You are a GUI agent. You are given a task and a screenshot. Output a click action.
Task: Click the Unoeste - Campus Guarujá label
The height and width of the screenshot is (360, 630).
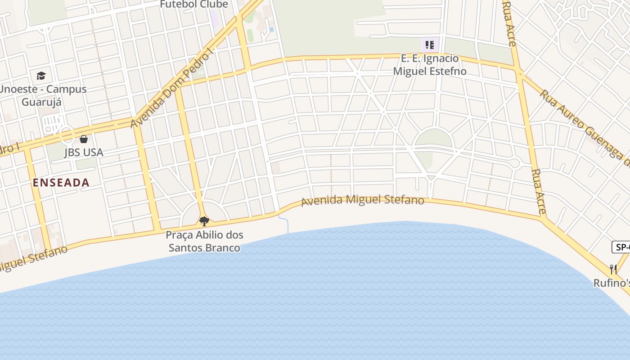[43, 95]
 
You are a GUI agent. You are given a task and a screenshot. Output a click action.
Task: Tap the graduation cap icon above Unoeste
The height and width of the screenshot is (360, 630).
[41, 76]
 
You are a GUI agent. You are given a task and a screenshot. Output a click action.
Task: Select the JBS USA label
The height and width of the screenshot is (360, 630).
[84, 153]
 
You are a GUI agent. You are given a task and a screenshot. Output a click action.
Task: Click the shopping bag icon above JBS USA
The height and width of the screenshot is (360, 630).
[84, 139]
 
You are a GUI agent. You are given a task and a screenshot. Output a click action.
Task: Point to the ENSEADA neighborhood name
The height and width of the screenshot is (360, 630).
[61, 183]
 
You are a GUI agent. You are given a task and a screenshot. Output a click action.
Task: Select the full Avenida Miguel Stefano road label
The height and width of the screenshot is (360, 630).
[362, 201]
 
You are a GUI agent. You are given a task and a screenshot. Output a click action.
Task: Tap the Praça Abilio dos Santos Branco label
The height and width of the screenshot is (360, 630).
[204, 241]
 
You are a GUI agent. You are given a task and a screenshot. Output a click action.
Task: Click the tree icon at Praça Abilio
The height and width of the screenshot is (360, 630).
[204, 221]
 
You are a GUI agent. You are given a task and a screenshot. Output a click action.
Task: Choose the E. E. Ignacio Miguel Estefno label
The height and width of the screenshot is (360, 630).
[430, 65]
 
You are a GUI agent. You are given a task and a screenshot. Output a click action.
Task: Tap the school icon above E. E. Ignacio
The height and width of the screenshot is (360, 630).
[430, 45]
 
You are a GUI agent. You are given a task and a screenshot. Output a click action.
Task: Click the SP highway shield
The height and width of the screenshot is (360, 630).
[621, 247]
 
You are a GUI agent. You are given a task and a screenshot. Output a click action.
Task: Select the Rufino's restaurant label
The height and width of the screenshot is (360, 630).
[612, 283]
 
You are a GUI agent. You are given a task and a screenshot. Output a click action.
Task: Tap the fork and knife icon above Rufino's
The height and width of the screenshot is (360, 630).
[613, 270]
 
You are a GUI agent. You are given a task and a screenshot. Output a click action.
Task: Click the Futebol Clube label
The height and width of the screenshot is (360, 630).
[194, 4]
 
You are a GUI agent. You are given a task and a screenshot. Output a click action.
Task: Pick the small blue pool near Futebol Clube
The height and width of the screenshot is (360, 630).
[271, 29]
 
